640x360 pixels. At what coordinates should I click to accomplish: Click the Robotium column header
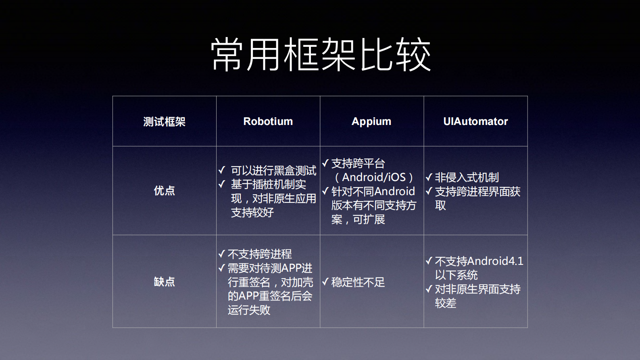coord(268,121)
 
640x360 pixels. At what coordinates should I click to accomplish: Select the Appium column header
coord(371,121)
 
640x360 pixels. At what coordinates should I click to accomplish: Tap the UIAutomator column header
coord(475,121)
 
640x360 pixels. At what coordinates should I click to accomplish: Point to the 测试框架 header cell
coord(164,121)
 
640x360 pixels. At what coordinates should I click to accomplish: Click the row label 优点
coord(164,191)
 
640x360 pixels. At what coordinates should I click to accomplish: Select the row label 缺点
coord(164,281)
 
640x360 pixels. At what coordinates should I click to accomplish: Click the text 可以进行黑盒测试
coord(273,171)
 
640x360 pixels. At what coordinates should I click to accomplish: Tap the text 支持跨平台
coord(358,163)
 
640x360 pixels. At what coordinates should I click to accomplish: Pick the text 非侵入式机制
coord(467,177)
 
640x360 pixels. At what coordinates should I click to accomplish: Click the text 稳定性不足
coord(358,282)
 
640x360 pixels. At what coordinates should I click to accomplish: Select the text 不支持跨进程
coord(260,254)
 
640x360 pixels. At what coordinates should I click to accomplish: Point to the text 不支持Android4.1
coord(479,261)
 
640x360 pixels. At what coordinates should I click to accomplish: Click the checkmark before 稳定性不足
coord(325,282)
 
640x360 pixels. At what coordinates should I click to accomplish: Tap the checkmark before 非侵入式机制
coord(429,177)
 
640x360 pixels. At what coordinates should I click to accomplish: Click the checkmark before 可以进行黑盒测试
coord(222,170)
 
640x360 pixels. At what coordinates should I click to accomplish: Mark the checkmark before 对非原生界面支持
coord(429,289)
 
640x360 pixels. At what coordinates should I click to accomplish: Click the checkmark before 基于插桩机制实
coord(222,184)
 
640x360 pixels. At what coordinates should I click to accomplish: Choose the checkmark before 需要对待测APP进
coord(222,268)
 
